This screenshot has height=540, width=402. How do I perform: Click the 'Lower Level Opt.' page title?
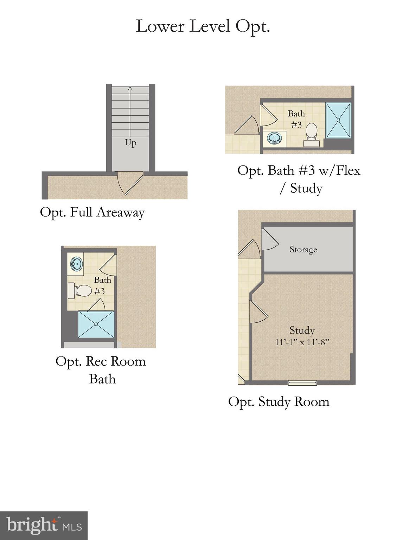(203, 26)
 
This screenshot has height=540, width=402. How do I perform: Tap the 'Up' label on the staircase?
(130, 143)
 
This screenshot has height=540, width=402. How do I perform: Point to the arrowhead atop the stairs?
(130, 89)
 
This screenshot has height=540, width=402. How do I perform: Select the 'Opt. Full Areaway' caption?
(92, 212)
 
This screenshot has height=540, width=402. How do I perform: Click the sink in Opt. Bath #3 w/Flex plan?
(274, 138)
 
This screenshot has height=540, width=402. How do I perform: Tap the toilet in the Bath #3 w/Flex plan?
(311, 134)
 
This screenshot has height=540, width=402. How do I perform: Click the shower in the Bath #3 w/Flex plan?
(338, 120)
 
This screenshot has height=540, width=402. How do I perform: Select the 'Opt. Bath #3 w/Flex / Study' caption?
(299, 179)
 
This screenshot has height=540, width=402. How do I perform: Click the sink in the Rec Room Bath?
(76, 264)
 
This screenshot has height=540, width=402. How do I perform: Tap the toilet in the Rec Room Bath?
(80, 291)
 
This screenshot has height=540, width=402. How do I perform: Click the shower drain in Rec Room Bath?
(96, 324)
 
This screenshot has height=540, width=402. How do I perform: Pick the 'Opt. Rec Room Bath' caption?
(101, 370)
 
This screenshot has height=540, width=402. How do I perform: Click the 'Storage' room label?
(303, 250)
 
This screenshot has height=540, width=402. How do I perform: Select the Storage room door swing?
(269, 240)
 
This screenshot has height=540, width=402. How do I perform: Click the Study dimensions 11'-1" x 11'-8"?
(302, 342)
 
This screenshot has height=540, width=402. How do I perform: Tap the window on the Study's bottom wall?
(302, 383)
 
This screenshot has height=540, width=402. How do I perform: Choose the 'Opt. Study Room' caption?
(279, 401)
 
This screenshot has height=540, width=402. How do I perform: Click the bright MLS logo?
(44, 526)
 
